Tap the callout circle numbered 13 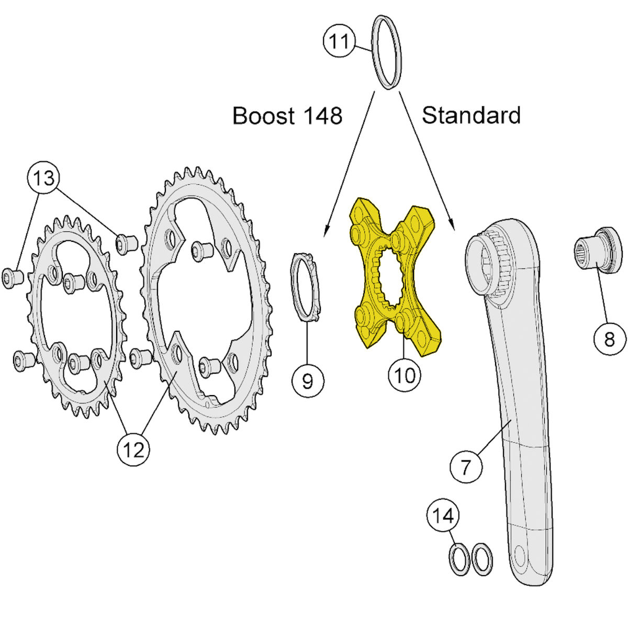(x=44, y=178)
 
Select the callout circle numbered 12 (x=133, y=449)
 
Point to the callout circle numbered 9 (x=308, y=380)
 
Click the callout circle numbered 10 (x=404, y=375)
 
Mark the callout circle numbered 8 (x=610, y=340)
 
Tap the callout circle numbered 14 (x=443, y=516)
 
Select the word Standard (x=471, y=115)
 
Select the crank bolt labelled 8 (x=597, y=250)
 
